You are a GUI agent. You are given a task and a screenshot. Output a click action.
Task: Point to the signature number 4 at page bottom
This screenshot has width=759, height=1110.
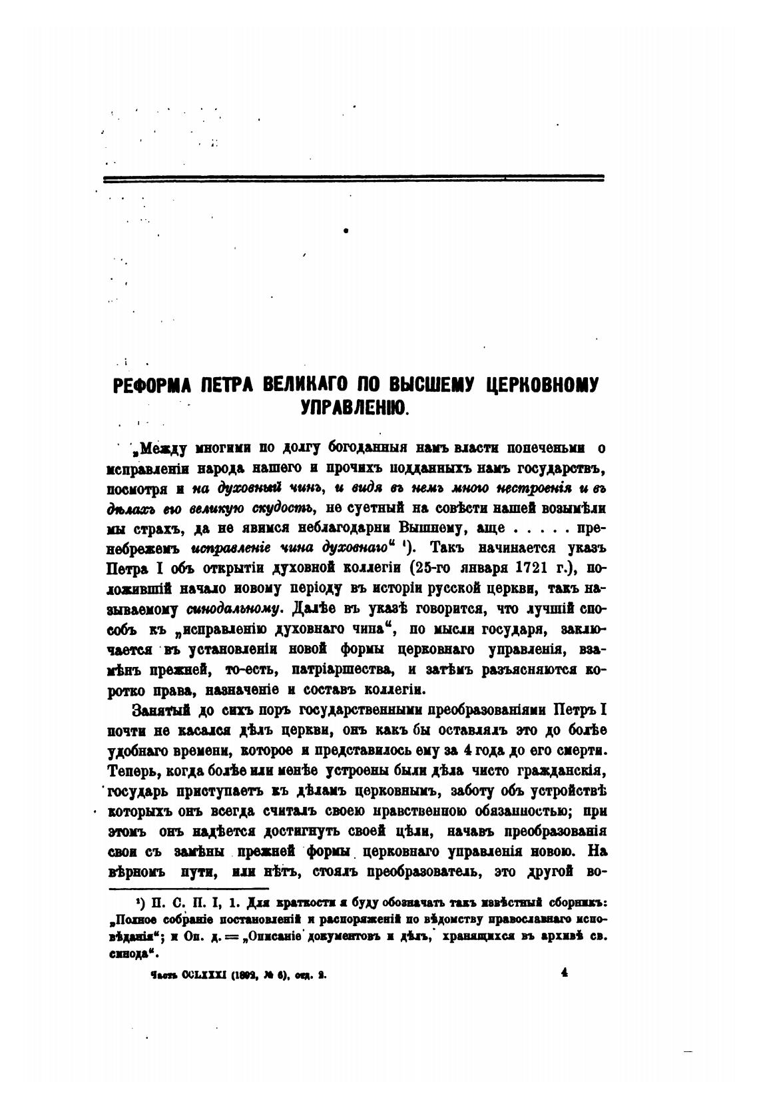click(x=563, y=972)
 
